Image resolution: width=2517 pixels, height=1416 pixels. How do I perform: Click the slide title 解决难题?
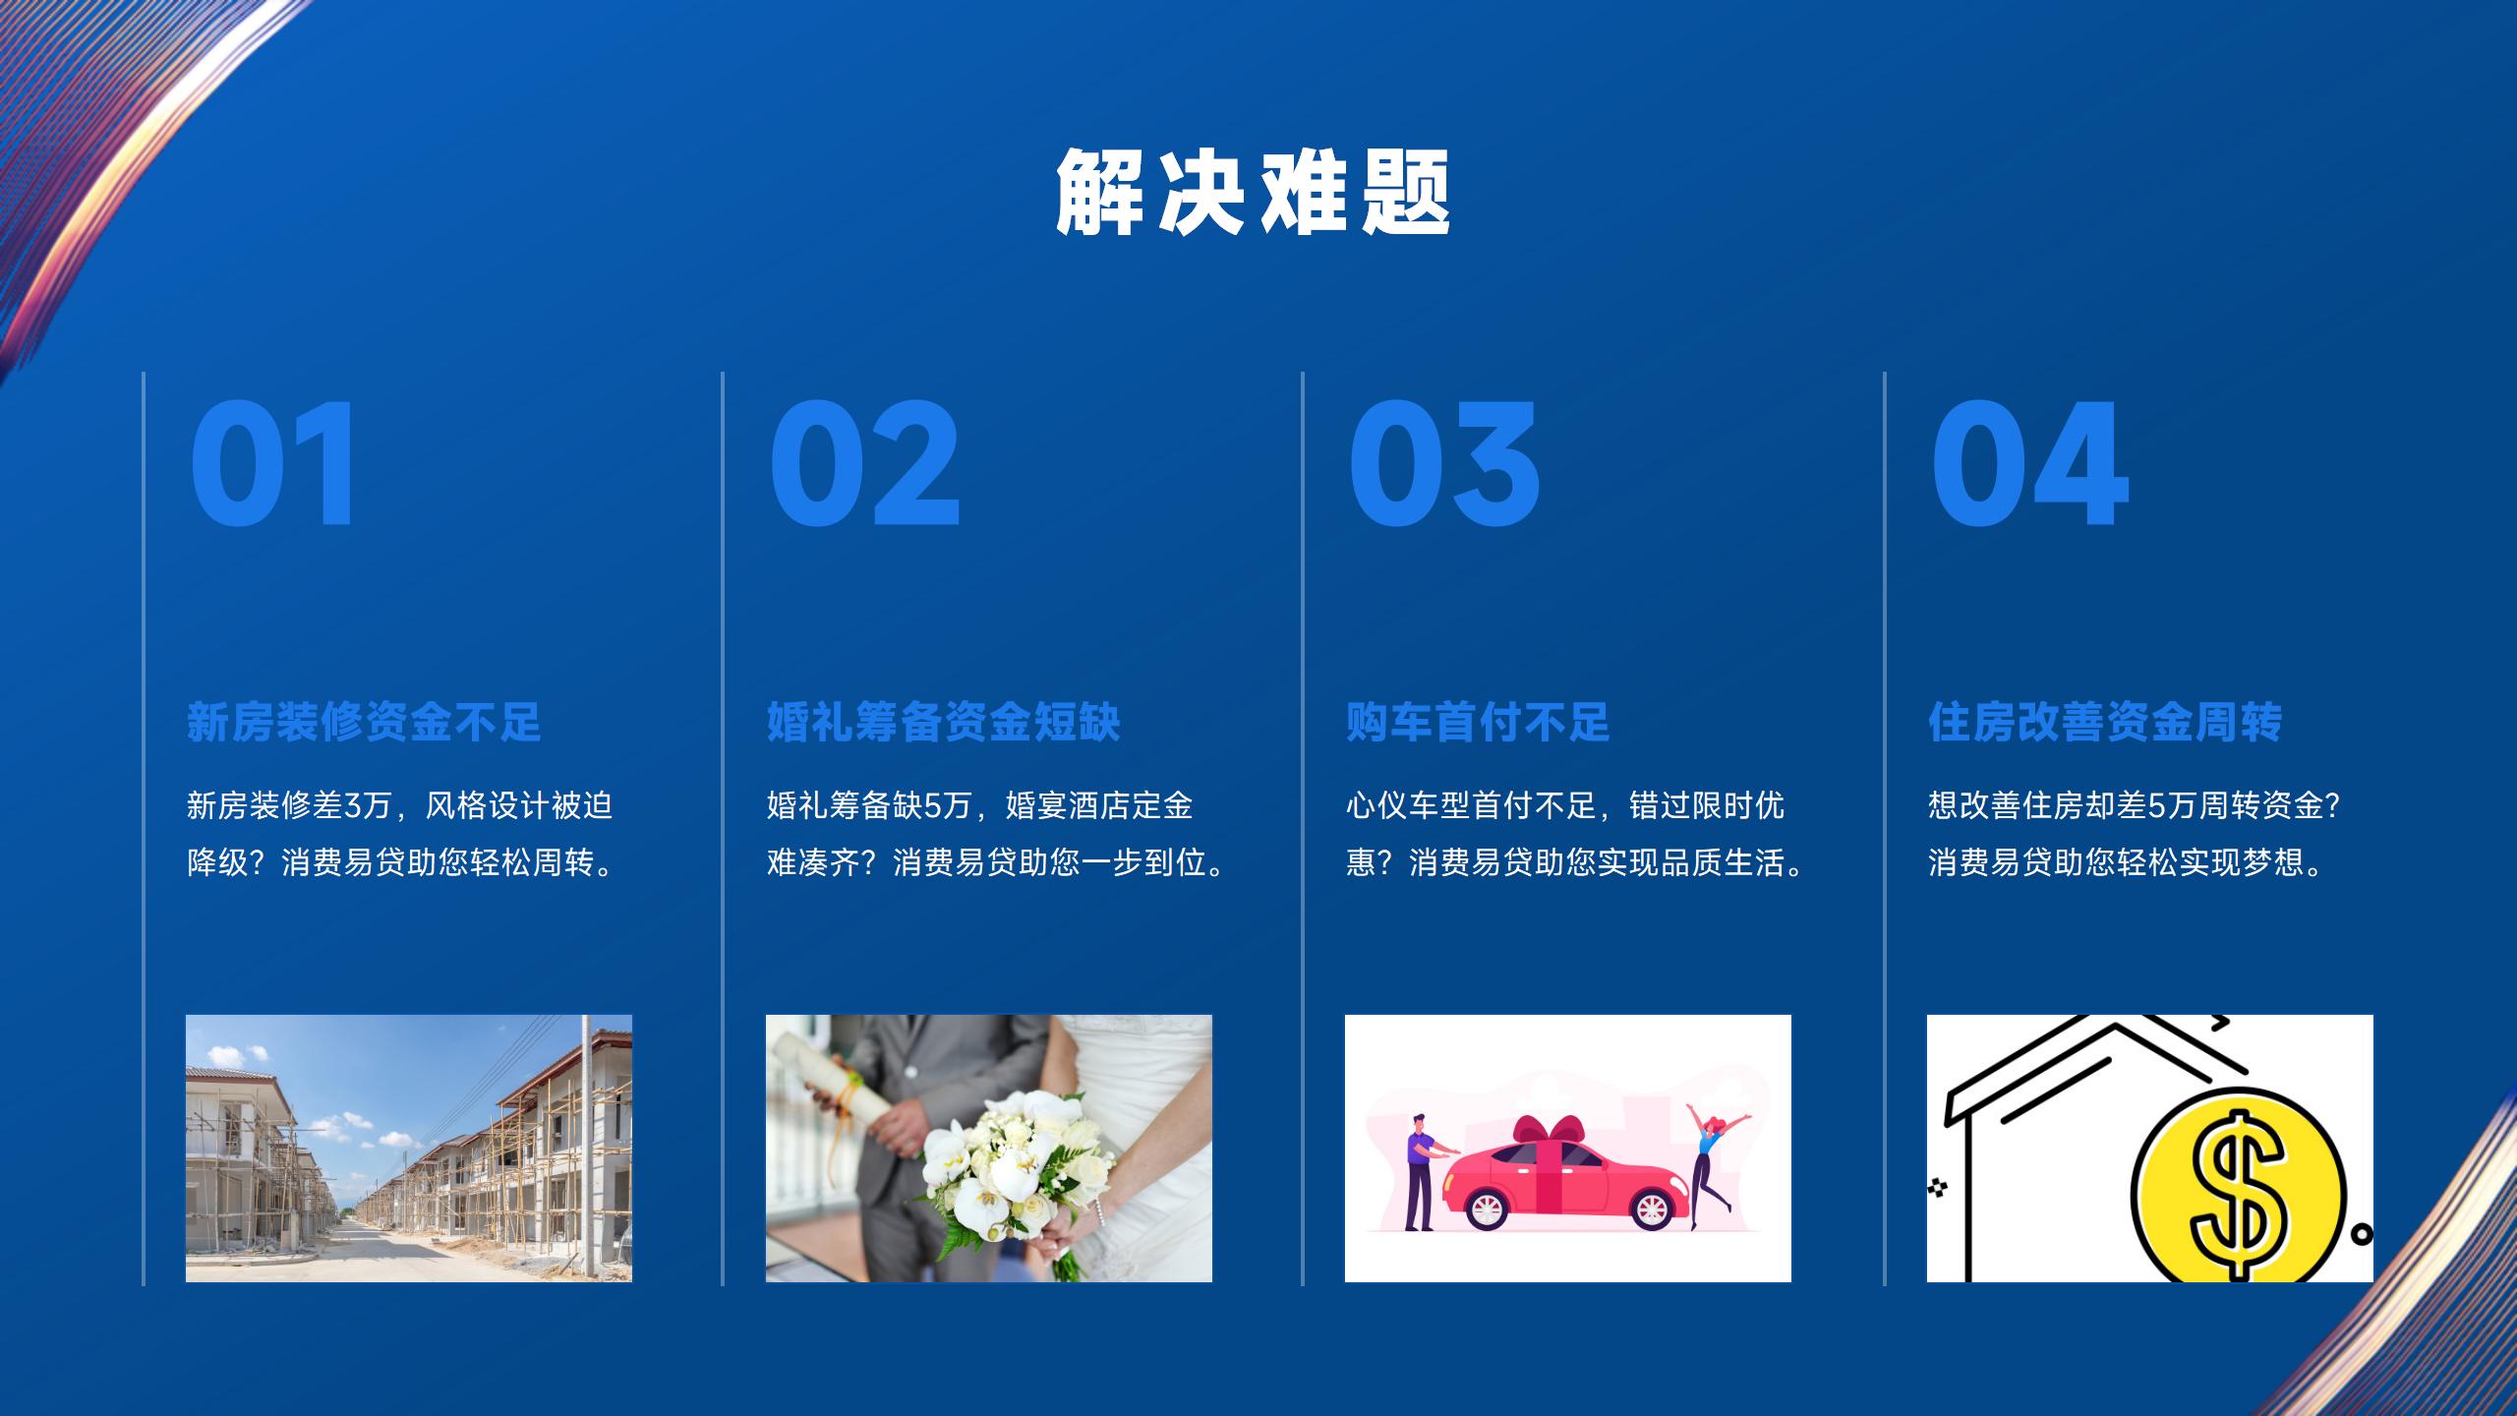coord(1254,192)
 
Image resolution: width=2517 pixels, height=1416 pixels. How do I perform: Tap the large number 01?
coord(272,464)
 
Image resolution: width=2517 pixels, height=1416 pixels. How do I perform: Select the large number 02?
coord(864,464)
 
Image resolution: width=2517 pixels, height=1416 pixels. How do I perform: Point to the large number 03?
coord(1443,464)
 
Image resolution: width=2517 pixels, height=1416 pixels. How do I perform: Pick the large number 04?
coord(2029,464)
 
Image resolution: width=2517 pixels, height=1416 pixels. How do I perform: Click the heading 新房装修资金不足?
coord(364,722)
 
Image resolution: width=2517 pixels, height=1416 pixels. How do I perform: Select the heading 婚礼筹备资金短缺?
coord(944,722)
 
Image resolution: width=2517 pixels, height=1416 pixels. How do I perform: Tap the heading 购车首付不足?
coord(1478,722)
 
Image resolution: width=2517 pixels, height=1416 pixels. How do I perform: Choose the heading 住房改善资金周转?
coord(2105,722)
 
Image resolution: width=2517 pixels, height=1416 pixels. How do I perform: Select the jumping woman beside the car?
coord(1713,1165)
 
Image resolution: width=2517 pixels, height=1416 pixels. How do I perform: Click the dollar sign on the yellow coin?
coord(2238,1194)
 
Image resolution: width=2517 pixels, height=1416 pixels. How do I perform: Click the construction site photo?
coord(409,1149)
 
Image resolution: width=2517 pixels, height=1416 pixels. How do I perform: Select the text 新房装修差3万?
coord(289,806)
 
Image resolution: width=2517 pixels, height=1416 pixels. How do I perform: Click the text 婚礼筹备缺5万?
coord(869,806)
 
